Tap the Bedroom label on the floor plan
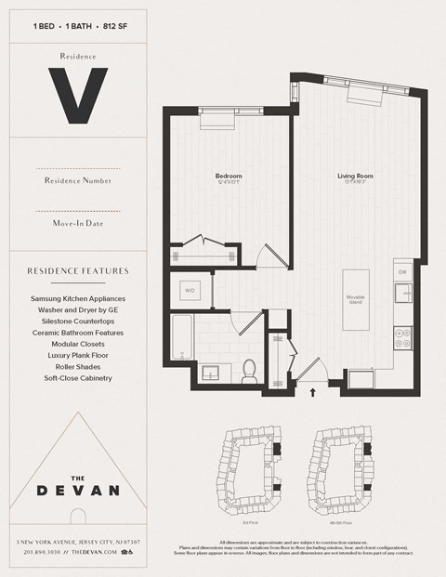pyautogui.click(x=229, y=176)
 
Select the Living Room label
pyautogui.click(x=355, y=176)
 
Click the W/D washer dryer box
pyautogui.click(x=190, y=291)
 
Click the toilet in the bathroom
pyautogui.click(x=248, y=372)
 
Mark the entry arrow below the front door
pyautogui.click(x=313, y=392)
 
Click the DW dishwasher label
pyautogui.click(x=401, y=271)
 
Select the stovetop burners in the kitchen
pyautogui.click(x=402, y=336)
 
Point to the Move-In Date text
pyautogui.click(x=77, y=223)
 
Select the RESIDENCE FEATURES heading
pyautogui.click(x=77, y=271)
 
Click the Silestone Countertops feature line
pyautogui.click(x=77, y=321)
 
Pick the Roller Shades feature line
pyautogui.click(x=77, y=366)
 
